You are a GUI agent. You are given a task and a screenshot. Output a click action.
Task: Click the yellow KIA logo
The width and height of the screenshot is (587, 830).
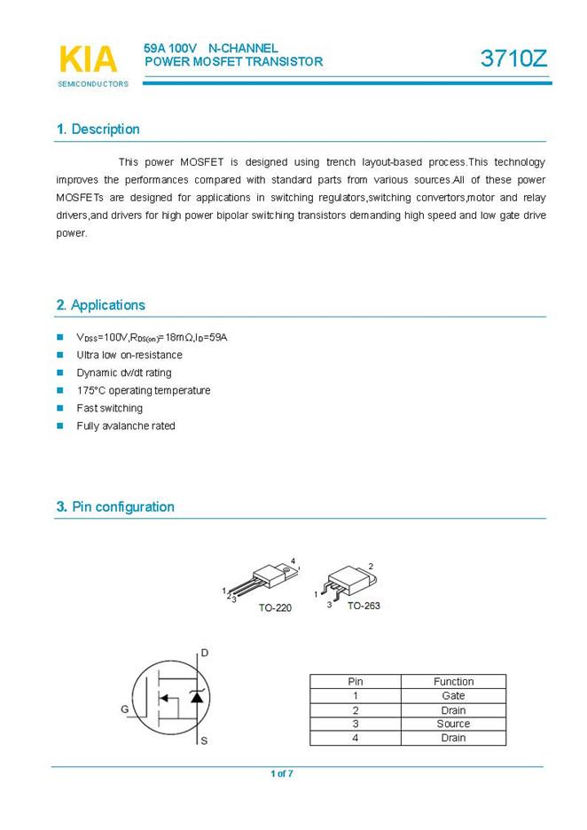88,59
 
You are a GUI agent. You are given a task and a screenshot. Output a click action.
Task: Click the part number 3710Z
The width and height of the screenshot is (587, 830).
514,59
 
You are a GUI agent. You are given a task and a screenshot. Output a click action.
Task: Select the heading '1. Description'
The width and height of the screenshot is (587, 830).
98,129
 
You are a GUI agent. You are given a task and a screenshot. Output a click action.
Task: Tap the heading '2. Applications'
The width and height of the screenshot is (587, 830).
100,305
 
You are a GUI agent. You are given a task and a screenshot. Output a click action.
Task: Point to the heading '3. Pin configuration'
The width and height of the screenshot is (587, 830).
115,507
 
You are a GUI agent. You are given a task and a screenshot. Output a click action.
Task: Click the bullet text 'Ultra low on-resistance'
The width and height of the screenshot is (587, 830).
129,356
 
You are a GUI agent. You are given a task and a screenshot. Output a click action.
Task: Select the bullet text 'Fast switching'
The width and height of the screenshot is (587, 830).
109,409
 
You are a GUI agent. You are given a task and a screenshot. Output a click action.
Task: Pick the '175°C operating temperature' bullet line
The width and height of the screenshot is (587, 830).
144,391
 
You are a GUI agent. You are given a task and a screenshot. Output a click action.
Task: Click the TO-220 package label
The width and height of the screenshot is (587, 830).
275,608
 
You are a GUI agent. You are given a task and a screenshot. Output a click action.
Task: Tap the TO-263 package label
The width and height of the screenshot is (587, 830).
364,605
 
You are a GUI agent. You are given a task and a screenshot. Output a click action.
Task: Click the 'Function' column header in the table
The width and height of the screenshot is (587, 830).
453,682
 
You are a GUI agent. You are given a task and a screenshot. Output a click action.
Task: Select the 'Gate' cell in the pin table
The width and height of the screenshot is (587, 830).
453,696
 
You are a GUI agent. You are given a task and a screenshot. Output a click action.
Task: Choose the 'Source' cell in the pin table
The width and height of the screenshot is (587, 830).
453,724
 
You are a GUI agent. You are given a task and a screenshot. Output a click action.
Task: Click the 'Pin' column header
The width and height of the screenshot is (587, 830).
356,682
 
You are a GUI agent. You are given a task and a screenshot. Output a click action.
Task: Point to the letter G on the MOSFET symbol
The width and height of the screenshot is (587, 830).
125,709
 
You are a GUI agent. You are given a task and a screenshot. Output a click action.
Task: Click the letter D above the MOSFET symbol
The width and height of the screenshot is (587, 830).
205,654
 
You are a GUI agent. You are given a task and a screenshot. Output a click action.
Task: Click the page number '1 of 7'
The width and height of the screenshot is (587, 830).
282,774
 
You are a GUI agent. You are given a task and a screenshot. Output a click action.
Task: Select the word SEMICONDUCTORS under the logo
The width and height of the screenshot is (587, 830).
93,84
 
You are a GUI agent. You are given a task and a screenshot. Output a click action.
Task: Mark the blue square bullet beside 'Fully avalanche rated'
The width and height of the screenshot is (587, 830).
60,427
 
